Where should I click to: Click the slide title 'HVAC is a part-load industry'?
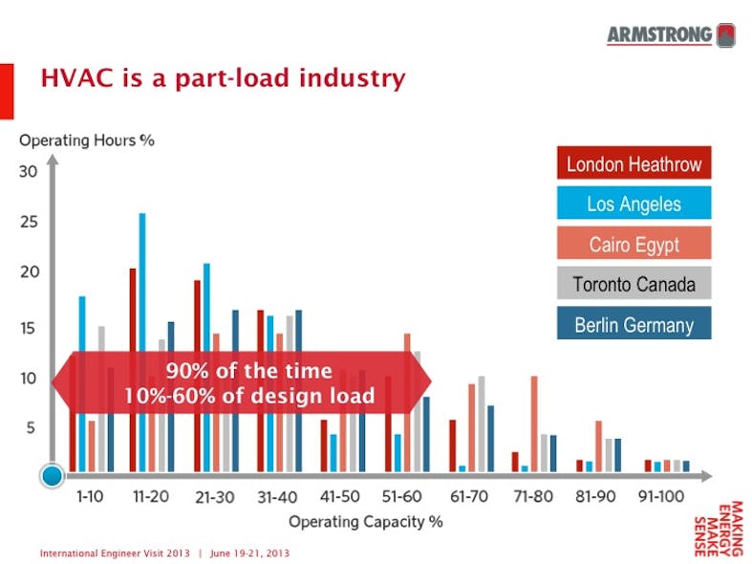(223, 77)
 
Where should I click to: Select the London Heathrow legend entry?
(634, 163)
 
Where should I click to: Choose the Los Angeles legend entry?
(634, 204)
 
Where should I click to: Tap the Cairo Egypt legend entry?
(634, 244)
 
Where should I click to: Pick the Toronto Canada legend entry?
(634, 284)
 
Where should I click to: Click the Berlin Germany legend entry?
(634, 324)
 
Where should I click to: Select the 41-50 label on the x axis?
(339, 498)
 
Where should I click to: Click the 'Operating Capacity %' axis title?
(366, 522)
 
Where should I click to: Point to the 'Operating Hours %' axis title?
(87, 140)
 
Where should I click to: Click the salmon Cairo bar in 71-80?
(534, 423)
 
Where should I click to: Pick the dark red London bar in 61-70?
(453, 445)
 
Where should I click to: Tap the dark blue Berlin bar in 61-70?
(490, 438)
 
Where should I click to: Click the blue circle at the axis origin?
(54, 474)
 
